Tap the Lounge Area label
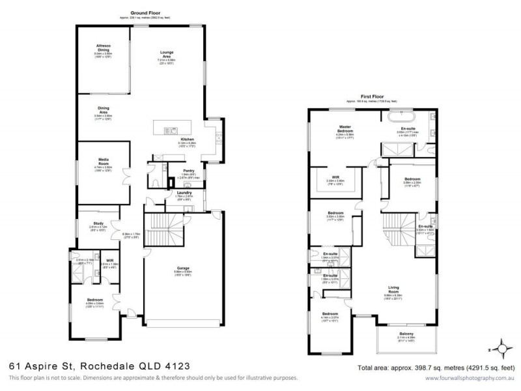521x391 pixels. point(171,54)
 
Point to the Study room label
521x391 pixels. point(98,223)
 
